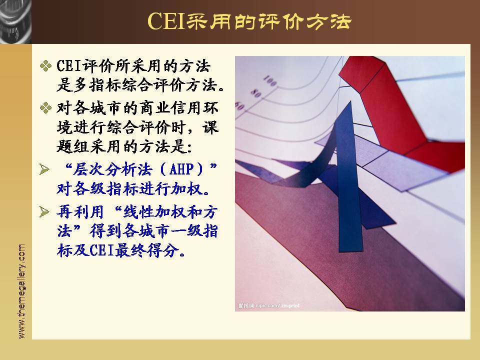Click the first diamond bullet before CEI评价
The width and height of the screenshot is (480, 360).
coord(45,66)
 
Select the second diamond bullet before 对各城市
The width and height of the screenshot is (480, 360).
coord(45,108)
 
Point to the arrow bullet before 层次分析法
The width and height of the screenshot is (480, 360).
coord(44,169)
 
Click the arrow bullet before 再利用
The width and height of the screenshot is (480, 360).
coord(44,211)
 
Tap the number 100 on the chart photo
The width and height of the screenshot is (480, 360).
coord(270,81)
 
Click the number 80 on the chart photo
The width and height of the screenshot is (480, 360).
coord(256,93)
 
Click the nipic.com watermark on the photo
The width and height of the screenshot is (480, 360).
coord(269,306)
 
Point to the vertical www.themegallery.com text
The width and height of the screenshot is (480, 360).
coord(21,291)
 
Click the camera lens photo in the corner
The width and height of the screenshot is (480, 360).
coord(15,21)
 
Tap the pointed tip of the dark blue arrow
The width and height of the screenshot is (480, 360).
coord(350,101)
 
